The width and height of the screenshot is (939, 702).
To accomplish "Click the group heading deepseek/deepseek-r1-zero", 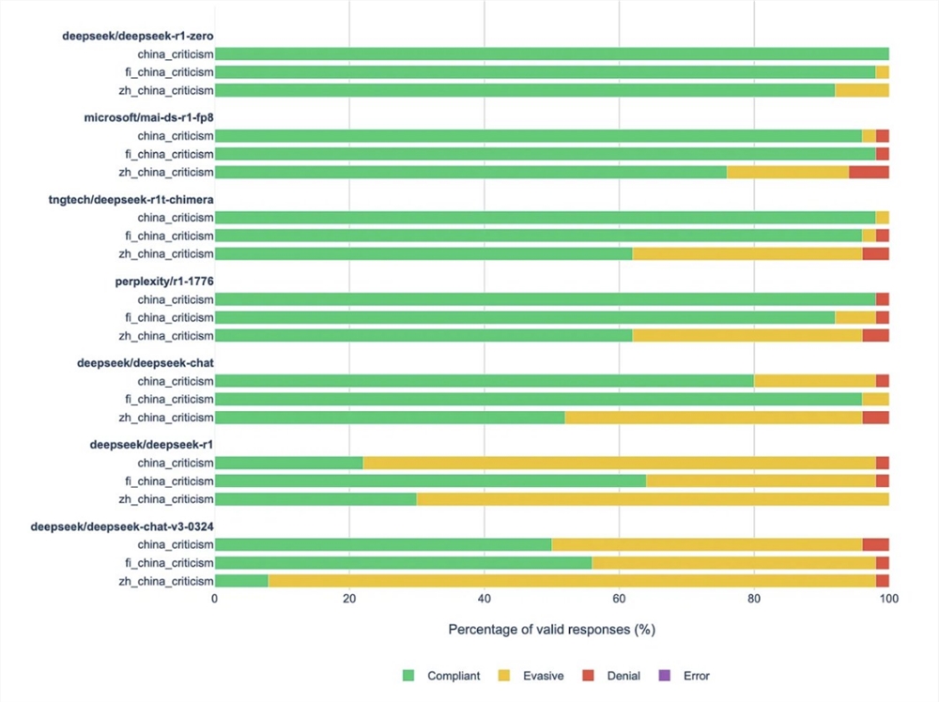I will [138, 36].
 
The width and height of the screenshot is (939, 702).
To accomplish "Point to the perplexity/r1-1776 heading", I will [166, 282].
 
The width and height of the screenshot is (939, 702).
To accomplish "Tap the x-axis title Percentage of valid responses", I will [551, 629].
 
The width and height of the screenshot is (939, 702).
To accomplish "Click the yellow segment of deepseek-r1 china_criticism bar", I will [619, 464].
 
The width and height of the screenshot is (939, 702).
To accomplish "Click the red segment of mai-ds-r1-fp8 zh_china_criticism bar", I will [869, 172].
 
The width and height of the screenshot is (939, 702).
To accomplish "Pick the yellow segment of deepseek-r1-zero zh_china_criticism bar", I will [862, 90].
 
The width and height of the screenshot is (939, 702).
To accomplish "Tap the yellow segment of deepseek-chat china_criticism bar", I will [814, 381].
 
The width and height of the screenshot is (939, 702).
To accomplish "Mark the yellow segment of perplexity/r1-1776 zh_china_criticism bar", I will [747, 336].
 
